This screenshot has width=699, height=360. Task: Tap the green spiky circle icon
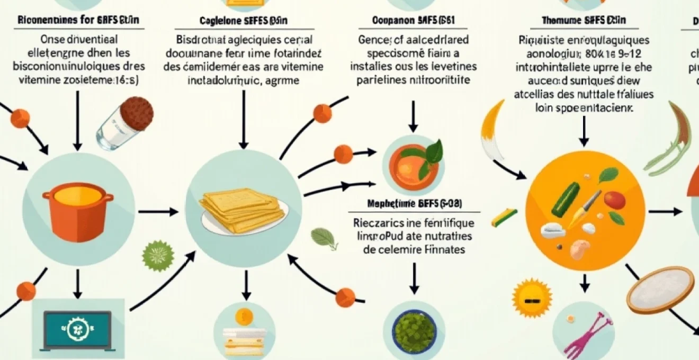coord(158,257)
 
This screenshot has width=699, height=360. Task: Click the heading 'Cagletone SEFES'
coord(243,21)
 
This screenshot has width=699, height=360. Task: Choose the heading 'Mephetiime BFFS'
coord(414,203)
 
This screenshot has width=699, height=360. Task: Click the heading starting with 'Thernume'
coord(584,21)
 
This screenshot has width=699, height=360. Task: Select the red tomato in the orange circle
coord(613,201)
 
